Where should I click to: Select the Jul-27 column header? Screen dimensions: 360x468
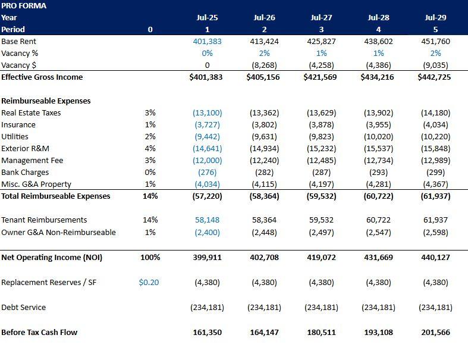pyautogui.click(x=321, y=17)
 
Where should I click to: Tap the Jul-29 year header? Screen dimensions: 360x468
pyautogui.click(x=435, y=17)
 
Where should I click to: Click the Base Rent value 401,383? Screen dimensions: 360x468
pyautogui.click(x=207, y=41)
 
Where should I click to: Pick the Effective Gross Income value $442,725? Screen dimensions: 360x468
pyautogui.click(x=435, y=77)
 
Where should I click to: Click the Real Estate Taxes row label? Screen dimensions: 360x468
pyautogui.click(x=31, y=112)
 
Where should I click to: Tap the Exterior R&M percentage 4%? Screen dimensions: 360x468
pyautogui.click(x=150, y=148)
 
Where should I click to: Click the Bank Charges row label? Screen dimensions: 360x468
pyautogui.click(x=25, y=172)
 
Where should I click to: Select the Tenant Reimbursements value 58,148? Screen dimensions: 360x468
pyautogui.click(x=207, y=220)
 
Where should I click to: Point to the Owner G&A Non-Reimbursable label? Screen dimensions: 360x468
pyautogui.click(x=58, y=232)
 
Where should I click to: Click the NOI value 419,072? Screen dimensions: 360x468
pyautogui.click(x=321, y=258)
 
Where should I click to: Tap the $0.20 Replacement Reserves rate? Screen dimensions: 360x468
pyautogui.click(x=149, y=283)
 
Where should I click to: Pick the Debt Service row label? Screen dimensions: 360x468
pyautogui.click(x=23, y=307)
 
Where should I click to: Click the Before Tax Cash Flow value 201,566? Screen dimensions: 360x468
pyautogui.click(x=435, y=332)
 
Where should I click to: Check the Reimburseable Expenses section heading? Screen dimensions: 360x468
pyautogui.click(x=46, y=101)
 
